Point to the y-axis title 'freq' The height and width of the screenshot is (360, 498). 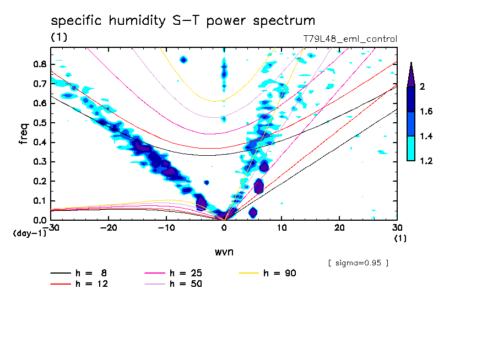(24, 134)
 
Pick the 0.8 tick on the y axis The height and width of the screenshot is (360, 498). (40, 64)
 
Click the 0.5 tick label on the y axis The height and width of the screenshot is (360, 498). (40, 123)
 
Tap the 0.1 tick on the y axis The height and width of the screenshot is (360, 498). (40, 201)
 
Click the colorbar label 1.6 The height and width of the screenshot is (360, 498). (426, 112)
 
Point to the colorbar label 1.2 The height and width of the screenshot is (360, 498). (426, 161)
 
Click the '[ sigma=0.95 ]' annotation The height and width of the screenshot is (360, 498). (358, 263)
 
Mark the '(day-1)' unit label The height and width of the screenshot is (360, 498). (29, 233)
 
